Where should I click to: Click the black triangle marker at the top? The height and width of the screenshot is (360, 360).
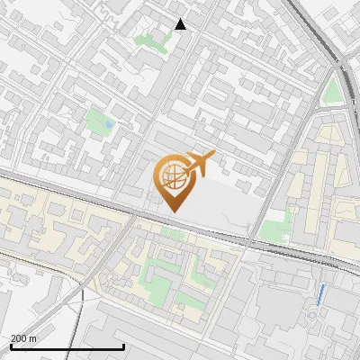(x=180, y=24)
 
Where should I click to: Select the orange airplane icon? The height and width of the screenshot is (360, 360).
(x=200, y=163)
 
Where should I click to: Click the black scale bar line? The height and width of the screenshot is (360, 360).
(x=67, y=346)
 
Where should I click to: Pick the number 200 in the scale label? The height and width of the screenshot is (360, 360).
(x=20, y=338)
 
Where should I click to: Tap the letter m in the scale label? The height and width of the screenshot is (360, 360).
(x=34, y=338)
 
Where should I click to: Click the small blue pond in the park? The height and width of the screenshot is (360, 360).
(x=109, y=123)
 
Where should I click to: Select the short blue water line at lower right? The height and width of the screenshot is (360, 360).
(x=322, y=292)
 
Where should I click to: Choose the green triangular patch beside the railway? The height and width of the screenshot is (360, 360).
(x=332, y=91)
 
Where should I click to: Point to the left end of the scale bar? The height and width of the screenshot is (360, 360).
(x=10, y=346)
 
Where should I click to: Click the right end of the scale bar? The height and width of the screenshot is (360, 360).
(x=123, y=346)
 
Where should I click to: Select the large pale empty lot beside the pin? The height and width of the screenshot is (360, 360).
(x=220, y=202)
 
